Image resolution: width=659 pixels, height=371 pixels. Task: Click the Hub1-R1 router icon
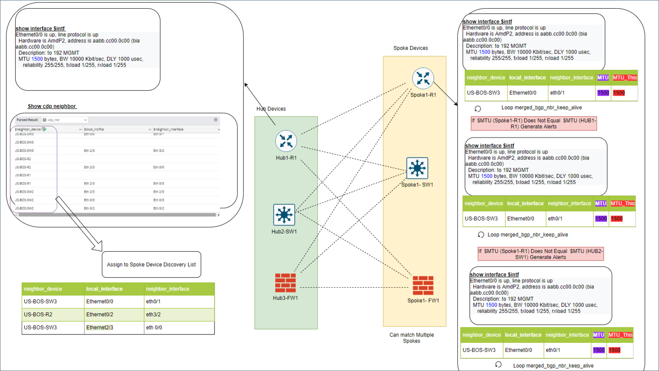[286, 141]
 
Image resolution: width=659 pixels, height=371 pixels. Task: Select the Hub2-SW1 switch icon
[284, 215]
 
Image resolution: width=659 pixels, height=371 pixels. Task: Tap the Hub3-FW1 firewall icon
[285, 283]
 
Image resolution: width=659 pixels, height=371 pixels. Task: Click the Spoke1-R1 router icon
[423, 78]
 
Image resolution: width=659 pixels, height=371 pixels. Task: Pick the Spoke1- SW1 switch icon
[417, 168]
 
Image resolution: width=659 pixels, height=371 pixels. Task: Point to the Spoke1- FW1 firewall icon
[423, 285]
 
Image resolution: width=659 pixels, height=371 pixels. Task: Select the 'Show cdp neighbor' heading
[52, 106]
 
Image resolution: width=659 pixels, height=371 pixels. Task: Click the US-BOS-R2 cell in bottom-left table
[38, 314]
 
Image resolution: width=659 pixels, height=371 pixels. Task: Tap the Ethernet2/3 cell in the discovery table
[100, 327]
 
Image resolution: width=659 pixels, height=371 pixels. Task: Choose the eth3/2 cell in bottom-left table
[153, 314]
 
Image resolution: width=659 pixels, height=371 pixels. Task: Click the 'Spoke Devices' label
[410, 48]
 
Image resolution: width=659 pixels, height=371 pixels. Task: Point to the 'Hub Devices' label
[271, 109]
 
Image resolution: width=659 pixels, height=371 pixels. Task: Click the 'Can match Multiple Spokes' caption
[411, 338]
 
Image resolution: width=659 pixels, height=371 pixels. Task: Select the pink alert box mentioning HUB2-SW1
[541, 254]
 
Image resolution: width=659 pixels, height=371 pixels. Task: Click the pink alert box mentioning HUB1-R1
[534, 123]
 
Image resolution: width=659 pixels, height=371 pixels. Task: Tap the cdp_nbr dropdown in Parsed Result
[65, 120]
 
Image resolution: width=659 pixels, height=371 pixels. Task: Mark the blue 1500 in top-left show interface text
[37, 59]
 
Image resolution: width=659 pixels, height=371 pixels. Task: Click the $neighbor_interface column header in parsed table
[169, 129]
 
